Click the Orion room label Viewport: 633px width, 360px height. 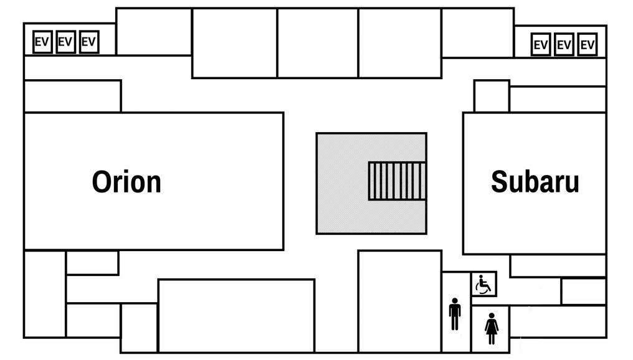(x=126, y=182)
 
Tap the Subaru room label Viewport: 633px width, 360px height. (x=535, y=182)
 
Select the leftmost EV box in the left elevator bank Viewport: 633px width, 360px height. (x=42, y=42)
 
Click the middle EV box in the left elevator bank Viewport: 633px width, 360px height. (x=65, y=42)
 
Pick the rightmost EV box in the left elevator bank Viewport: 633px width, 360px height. (x=89, y=42)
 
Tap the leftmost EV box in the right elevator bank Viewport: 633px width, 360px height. (x=541, y=45)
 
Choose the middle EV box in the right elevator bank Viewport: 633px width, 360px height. (x=564, y=45)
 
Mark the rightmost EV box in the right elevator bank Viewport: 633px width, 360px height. (x=588, y=45)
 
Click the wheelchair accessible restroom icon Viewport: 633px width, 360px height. (x=483, y=285)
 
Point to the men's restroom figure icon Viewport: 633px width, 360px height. (x=455, y=314)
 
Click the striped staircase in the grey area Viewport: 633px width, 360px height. (x=397, y=181)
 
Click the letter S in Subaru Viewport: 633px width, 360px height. (x=498, y=182)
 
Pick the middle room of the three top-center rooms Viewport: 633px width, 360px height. (x=318, y=43)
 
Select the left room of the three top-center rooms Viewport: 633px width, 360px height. (x=234, y=43)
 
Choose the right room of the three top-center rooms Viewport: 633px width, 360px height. (x=400, y=43)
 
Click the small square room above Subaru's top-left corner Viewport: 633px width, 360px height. (x=492, y=96)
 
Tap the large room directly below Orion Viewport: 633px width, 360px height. (x=236, y=315)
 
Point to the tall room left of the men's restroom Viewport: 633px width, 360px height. (x=399, y=301)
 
